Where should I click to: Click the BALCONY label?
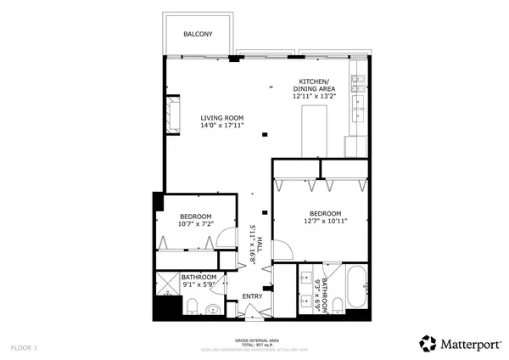click(x=198, y=34)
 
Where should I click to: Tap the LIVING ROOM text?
click(x=222, y=117)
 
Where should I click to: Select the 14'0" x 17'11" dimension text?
click(x=222, y=126)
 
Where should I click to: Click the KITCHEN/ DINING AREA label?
click(x=314, y=85)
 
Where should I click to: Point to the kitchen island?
click(x=316, y=134)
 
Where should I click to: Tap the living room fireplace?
click(x=175, y=114)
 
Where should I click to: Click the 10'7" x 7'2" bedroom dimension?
click(x=196, y=224)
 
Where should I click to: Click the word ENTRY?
click(x=253, y=296)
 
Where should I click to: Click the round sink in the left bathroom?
click(x=214, y=309)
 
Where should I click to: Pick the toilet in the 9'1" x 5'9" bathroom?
click(x=192, y=307)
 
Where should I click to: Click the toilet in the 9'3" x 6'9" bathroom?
click(x=337, y=305)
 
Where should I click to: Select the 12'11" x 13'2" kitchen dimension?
click(x=314, y=97)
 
